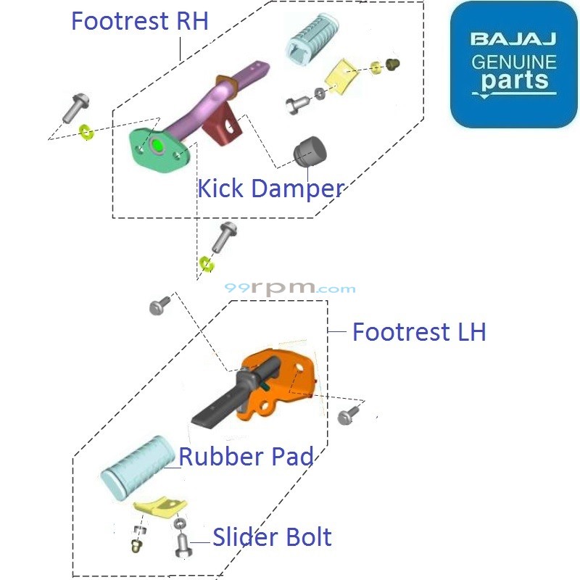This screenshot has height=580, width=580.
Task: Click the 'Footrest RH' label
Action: tap(139, 20)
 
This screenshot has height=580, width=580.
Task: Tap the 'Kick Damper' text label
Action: tap(270, 189)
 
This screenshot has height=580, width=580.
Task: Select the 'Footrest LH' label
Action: tap(418, 332)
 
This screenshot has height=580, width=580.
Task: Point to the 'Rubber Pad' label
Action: tap(246, 457)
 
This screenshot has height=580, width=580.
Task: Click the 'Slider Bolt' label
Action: tap(272, 537)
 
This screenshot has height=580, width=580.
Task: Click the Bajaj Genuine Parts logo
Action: tap(513, 65)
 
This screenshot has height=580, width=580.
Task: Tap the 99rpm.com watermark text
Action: tap(290, 288)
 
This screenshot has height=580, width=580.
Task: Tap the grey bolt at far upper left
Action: tap(72, 107)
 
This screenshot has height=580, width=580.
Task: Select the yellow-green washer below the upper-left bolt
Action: tap(86, 132)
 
